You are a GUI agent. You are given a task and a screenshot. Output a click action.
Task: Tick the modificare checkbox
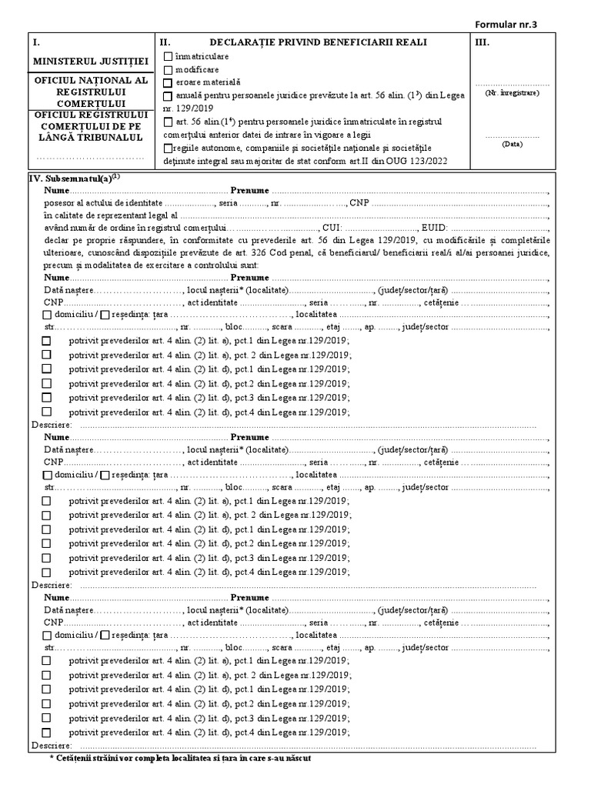169,68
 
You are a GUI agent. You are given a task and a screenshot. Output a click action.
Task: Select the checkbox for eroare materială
169,81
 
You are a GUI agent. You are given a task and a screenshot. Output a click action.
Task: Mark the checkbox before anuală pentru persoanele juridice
169,95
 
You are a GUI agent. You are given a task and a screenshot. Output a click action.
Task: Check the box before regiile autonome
169,148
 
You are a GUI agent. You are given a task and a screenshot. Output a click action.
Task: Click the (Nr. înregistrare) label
512,92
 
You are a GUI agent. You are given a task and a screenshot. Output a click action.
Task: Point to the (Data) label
512,144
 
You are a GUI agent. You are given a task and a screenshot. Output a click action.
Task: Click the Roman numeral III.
483,43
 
